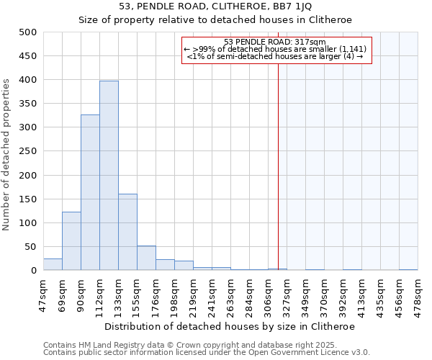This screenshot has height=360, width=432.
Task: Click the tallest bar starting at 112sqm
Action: click(x=109, y=176)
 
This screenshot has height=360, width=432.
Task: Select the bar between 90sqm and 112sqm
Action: click(x=90, y=192)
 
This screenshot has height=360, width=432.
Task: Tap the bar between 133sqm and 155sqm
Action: click(x=127, y=232)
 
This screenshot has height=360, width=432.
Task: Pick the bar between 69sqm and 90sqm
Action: click(x=71, y=241)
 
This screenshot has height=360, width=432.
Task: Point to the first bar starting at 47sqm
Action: click(x=53, y=264)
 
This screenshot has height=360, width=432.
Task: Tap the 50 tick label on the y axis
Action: click(x=30, y=247)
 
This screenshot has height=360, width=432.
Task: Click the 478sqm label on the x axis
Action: click(x=418, y=294)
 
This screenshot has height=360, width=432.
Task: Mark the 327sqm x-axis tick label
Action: click(x=287, y=294)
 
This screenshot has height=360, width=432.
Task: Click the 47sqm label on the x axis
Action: click(x=43, y=294)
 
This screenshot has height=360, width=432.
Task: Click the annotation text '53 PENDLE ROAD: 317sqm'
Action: click(x=275, y=42)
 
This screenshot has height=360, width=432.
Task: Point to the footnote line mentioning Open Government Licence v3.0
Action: click(x=207, y=352)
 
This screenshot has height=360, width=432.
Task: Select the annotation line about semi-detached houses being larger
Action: click(x=275, y=56)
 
